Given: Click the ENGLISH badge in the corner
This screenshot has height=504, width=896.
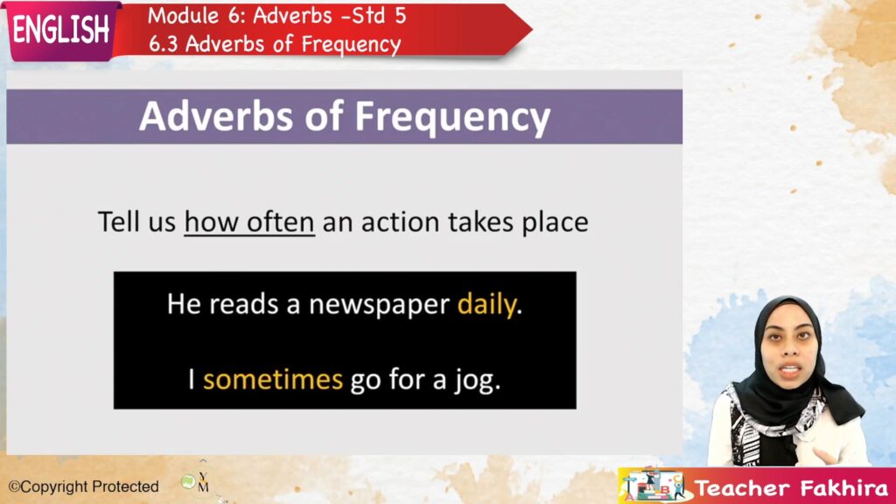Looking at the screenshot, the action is [60, 30].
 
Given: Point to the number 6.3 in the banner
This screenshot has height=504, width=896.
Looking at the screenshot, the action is [164, 44].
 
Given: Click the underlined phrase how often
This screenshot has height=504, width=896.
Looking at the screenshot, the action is [249, 221].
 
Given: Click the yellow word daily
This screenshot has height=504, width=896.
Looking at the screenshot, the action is [486, 304].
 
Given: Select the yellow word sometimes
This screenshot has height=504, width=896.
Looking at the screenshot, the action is [273, 380].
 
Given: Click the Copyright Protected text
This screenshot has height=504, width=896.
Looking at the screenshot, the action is [83, 486].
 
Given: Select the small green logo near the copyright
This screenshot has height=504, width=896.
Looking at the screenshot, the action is [189, 482].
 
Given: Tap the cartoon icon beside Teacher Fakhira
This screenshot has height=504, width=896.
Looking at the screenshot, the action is [653, 486].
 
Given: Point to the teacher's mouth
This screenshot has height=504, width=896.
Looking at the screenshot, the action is [790, 370].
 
